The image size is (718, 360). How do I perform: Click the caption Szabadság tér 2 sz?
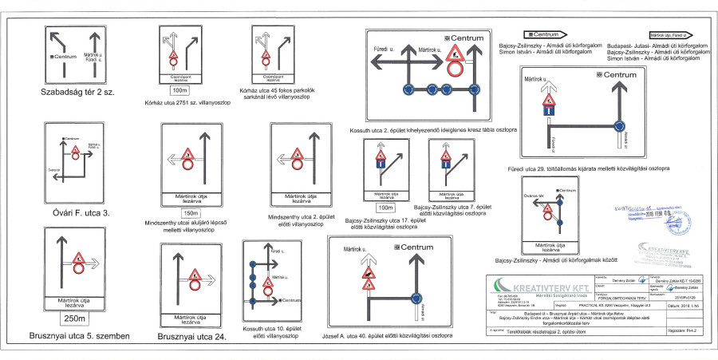point(77,93)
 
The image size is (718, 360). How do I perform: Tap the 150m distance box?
point(191,213)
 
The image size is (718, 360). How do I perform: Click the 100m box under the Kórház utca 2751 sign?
point(180,90)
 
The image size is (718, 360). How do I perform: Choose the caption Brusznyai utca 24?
point(191,337)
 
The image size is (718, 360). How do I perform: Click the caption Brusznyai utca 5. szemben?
point(79,336)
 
